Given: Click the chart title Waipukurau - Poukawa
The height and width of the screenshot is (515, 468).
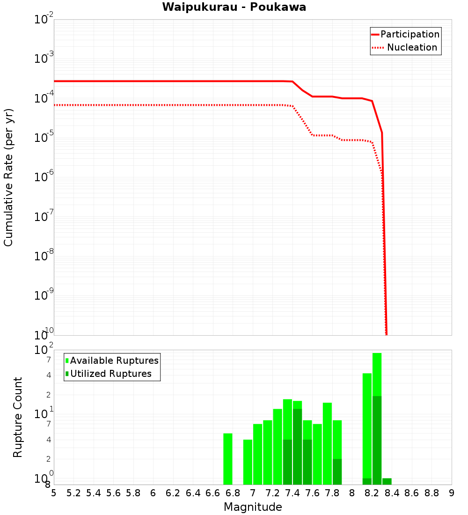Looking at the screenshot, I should [234, 7].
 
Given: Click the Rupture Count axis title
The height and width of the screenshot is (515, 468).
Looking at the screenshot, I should [18, 417].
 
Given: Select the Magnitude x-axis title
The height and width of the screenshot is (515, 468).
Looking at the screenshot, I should [253, 507].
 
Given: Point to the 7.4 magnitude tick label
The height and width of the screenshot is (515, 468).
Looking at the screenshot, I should [292, 493].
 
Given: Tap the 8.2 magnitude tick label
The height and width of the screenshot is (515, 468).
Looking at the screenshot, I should [372, 493].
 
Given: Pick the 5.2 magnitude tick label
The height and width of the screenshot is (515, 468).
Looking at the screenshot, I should [73, 493].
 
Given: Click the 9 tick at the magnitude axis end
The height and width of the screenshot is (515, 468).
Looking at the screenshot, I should [452, 493].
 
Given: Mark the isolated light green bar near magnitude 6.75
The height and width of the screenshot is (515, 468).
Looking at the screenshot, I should [228, 459].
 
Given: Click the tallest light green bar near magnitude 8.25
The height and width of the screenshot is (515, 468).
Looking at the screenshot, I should [377, 375].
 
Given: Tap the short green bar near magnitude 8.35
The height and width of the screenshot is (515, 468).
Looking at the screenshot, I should [387, 481].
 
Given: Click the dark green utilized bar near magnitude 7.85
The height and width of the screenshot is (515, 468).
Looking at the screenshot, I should [337, 471].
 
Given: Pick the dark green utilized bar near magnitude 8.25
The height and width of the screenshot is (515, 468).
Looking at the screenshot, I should [377, 440].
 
